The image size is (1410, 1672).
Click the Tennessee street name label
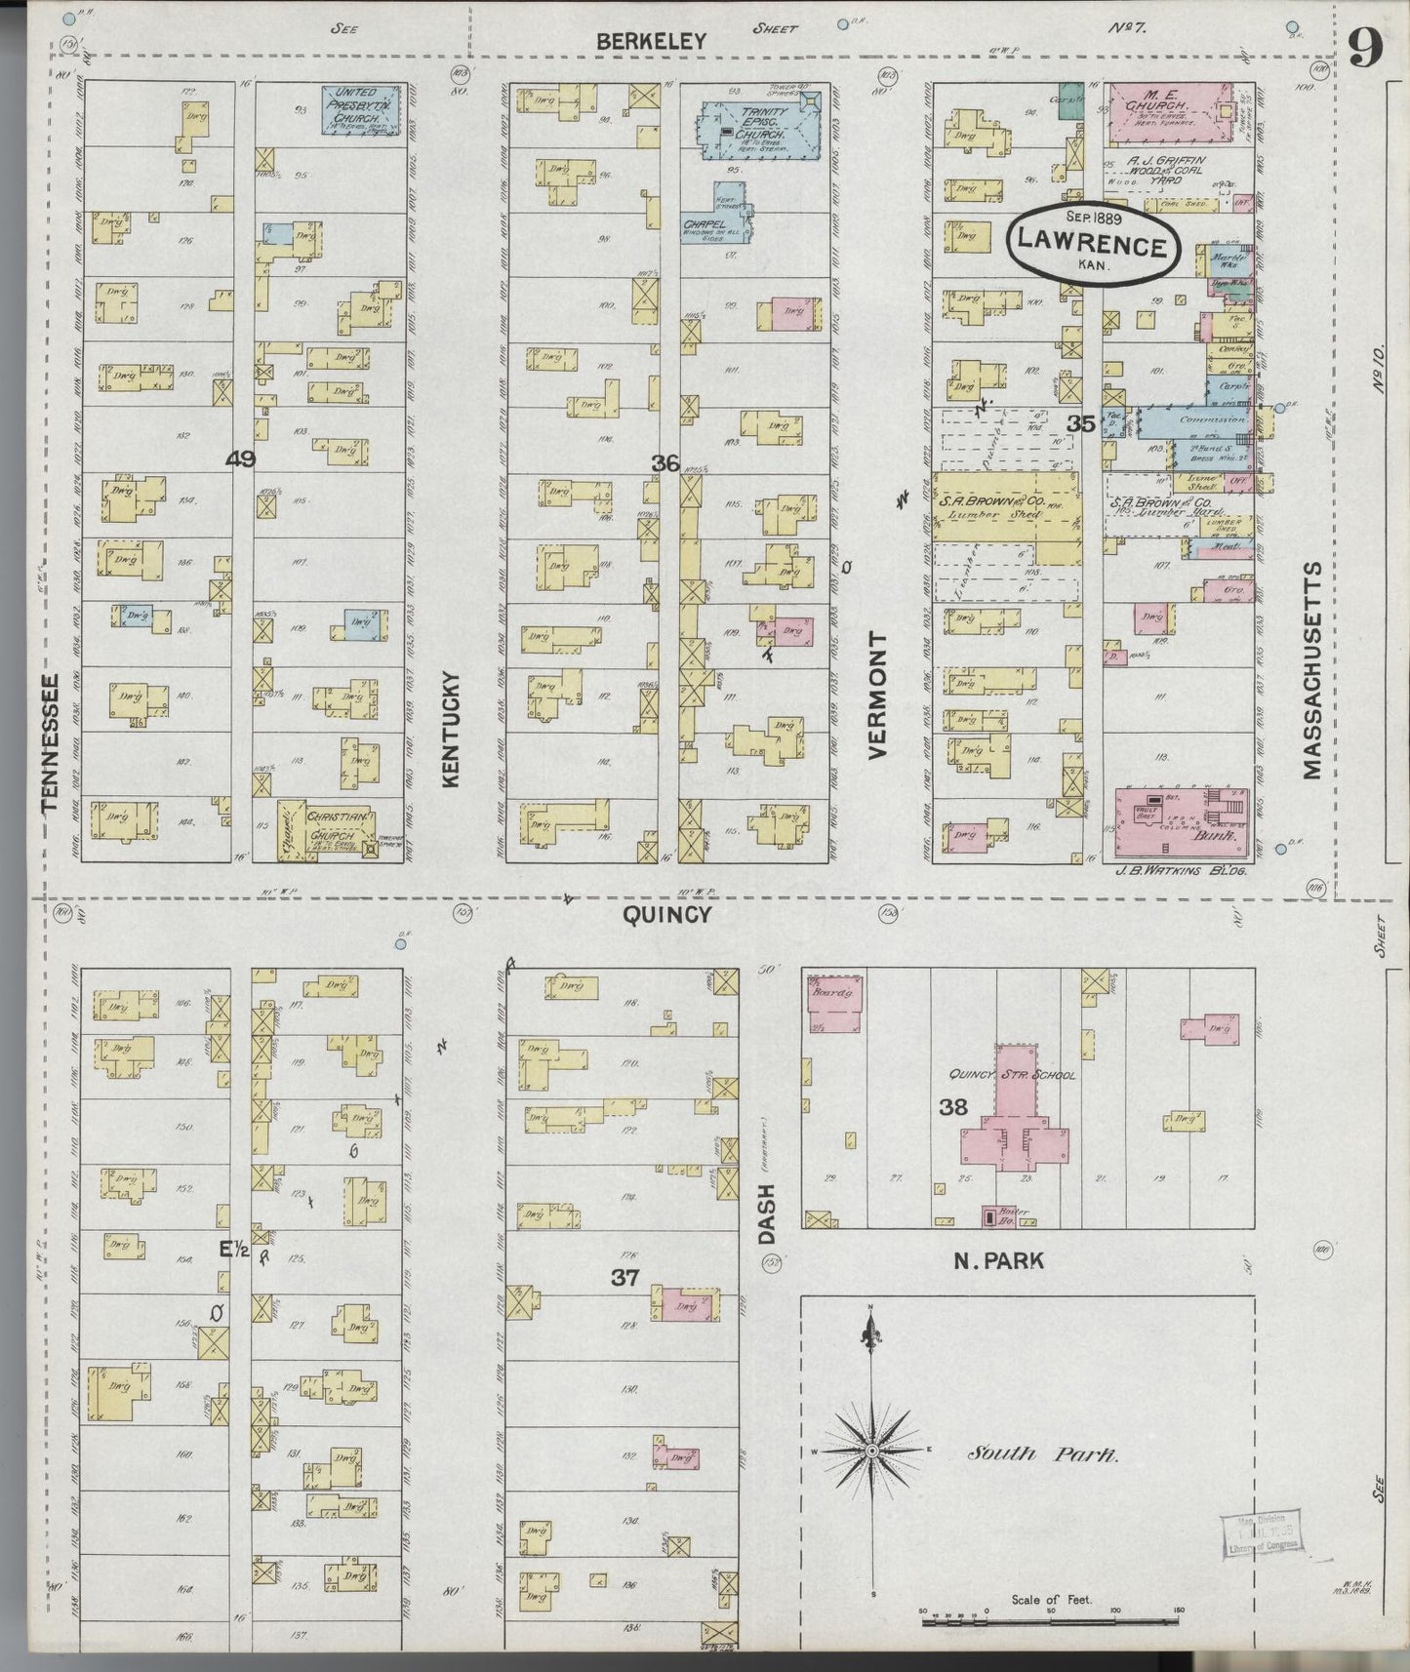[x=52, y=741]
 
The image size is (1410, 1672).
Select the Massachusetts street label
[x=1311, y=670]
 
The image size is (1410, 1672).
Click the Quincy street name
[x=666, y=914]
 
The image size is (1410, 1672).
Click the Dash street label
[x=766, y=1214]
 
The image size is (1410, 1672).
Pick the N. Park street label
[x=998, y=1260]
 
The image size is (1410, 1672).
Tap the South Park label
[x=1042, y=1453]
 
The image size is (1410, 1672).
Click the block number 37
[x=624, y=1277]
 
